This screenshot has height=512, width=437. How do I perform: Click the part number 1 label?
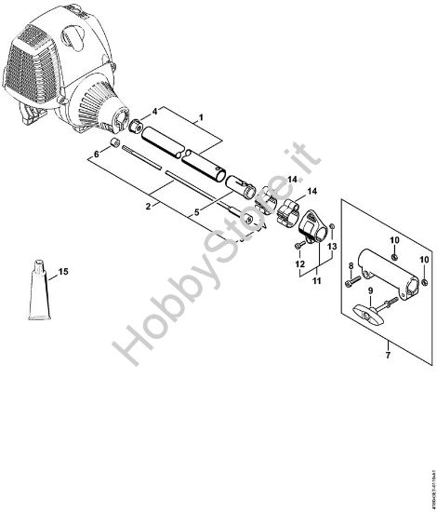pyautogui.click(x=198, y=118)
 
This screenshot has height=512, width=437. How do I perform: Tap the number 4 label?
pyautogui.click(x=154, y=111)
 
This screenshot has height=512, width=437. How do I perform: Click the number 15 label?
pyautogui.click(x=63, y=272)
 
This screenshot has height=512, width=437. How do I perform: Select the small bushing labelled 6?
pyautogui.click(x=113, y=143)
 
